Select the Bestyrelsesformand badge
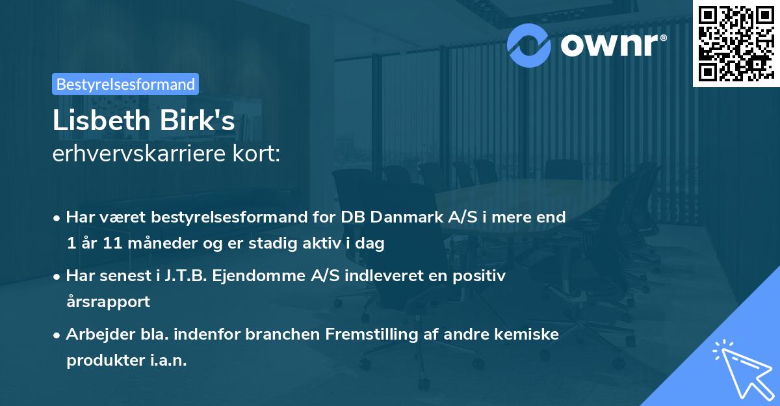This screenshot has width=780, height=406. tap(125, 84)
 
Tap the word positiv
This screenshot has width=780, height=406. tap(482, 275)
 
